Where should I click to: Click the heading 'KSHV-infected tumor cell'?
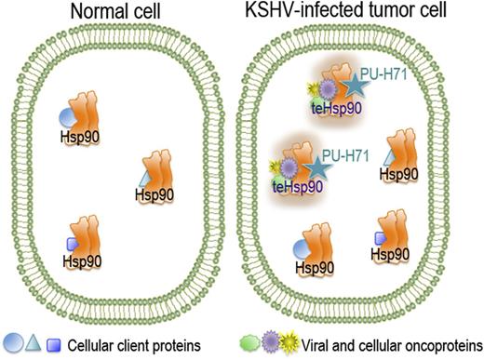(359, 13)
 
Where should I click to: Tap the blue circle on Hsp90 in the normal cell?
(67, 118)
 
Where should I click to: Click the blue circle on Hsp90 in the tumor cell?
(300, 249)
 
